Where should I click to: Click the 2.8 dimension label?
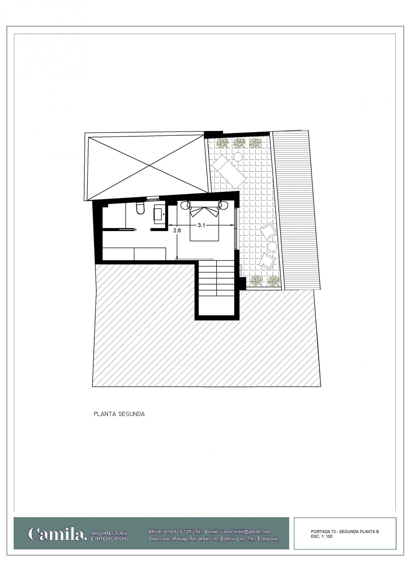pos(177,231)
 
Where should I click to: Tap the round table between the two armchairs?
pos(272,247)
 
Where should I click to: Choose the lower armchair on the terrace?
pos(268,261)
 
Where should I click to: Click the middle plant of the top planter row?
pos(239,143)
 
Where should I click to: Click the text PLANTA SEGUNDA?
pos(119,414)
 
